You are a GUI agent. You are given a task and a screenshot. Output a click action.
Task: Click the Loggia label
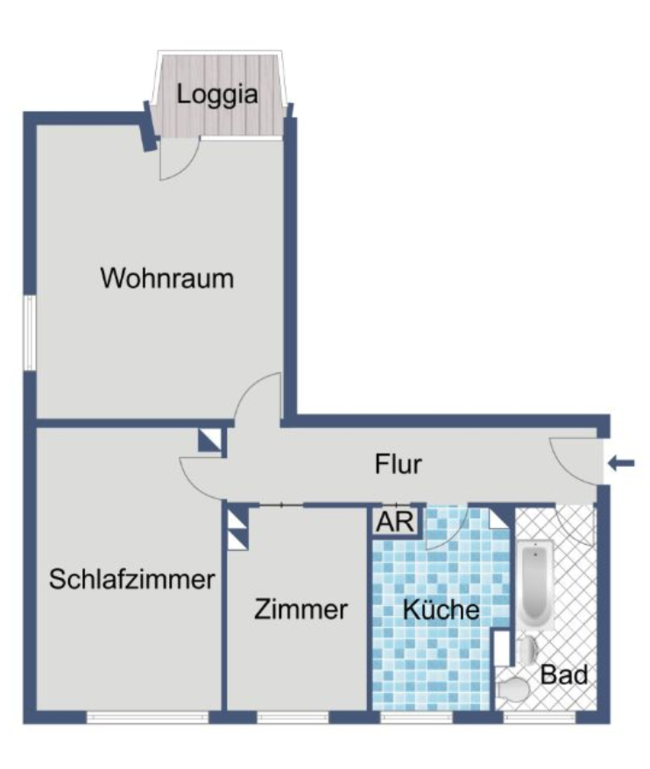pos(218,95)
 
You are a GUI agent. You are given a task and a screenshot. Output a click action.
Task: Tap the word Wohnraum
pos(167,279)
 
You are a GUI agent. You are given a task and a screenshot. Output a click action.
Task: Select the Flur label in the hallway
pos(398,464)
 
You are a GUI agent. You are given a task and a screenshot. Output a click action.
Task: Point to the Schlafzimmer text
pos(132,579)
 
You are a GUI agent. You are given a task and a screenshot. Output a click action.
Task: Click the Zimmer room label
pos(301,610)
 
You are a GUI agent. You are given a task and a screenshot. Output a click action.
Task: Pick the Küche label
pos(441,610)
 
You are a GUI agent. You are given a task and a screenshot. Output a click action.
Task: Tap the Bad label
pos(564,675)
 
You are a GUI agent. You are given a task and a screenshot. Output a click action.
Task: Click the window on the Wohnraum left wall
pos(29,333)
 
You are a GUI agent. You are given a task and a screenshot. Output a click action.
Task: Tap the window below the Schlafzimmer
pos(148,717)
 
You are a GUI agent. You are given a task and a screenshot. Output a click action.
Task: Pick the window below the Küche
pos(416,717)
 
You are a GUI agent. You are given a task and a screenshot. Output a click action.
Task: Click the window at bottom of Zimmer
pos(292,717)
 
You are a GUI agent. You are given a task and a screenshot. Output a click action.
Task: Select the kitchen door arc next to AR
pos(448,529)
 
